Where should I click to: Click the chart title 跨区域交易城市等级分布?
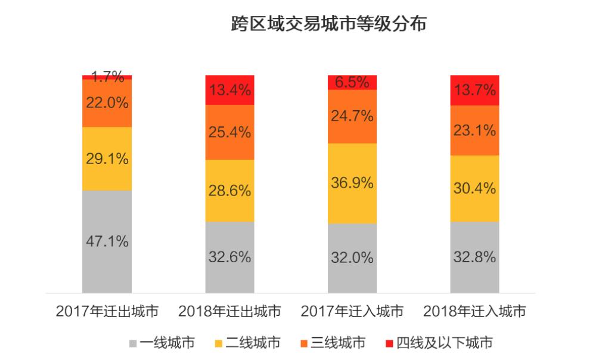[x=328, y=24]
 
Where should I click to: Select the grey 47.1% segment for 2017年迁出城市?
[x=107, y=241]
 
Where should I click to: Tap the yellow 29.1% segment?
[x=107, y=159]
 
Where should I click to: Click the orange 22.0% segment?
[x=107, y=103]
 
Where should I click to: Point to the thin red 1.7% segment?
[x=107, y=77]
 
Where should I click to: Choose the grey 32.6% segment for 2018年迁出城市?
[x=229, y=257]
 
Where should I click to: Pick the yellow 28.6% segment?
[x=229, y=191]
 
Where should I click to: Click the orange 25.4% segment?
[x=229, y=132]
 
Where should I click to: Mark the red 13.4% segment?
[x=229, y=90]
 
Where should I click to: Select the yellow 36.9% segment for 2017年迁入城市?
[x=352, y=183]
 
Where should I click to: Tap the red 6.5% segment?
[x=352, y=82]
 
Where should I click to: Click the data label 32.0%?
[x=352, y=258]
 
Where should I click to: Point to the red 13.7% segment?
[x=475, y=90]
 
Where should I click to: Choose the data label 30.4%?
[x=475, y=188]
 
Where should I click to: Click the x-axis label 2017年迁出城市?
[x=107, y=311]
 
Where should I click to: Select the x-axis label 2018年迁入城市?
[x=475, y=311]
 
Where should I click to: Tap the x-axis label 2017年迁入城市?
[x=352, y=311]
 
